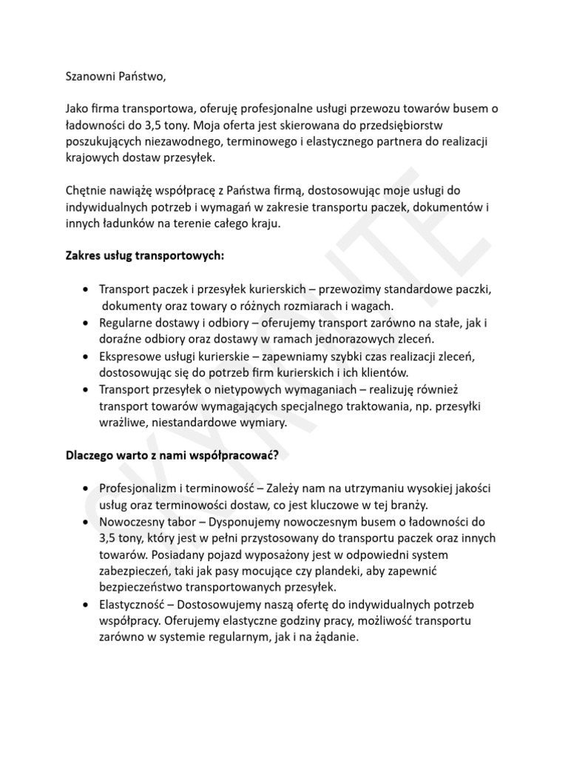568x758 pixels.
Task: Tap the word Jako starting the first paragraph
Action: [78, 109]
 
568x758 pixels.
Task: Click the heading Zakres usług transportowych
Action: [144, 256]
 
